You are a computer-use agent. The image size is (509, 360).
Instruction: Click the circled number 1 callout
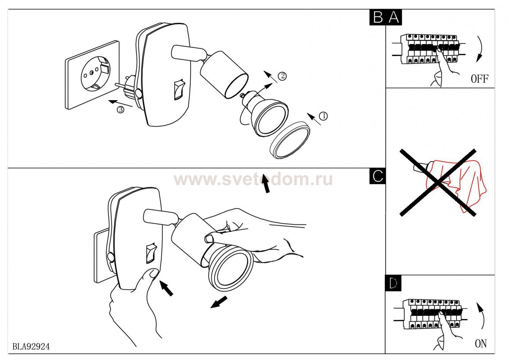[323, 116]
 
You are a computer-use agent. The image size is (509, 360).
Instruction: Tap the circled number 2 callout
[282, 76]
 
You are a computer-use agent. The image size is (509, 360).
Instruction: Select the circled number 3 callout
[120, 110]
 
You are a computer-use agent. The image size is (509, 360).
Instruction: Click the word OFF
[479, 79]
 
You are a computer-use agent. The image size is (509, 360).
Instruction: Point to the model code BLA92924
[31, 346]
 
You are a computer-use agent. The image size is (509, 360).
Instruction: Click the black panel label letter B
[378, 17]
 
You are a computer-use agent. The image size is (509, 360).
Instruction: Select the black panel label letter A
[394, 17]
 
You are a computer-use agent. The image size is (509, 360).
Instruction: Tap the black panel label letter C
[378, 176]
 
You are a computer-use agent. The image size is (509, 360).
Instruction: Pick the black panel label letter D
[393, 283]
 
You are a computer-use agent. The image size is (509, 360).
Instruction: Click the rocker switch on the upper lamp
[179, 89]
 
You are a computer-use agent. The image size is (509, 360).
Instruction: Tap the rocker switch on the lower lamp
[151, 253]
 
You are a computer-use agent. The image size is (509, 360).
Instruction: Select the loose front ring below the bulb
[290, 140]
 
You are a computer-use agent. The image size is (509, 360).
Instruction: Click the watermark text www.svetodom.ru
[253, 180]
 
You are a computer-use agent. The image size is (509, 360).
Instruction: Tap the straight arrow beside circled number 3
[120, 104]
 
